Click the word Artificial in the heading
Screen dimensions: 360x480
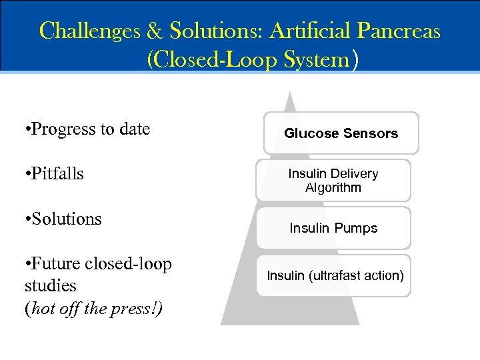coord(309,31)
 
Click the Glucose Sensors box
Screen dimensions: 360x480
coord(341,133)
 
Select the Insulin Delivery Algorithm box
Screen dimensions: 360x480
coord(333,180)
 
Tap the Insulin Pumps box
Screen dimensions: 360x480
coord(333,228)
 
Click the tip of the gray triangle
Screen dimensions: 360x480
coord(289,95)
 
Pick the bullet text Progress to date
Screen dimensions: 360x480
coord(87,129)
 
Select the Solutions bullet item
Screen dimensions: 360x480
coord(63,219)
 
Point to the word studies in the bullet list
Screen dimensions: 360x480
coord(51,286)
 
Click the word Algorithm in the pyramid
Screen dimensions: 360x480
coord(333,187)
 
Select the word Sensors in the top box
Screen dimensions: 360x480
coord(371,133)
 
